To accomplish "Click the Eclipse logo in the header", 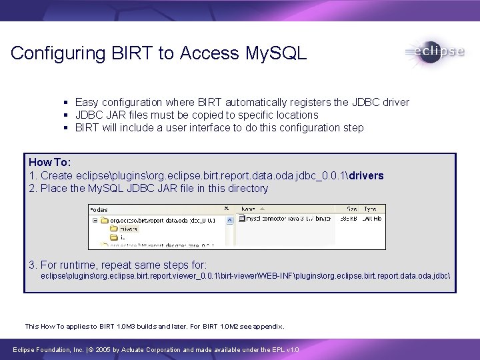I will [433, 52].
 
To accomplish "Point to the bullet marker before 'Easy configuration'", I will [65, 103].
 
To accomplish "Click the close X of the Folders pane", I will [226, 208].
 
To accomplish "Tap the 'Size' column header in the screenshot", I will [351, 208].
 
